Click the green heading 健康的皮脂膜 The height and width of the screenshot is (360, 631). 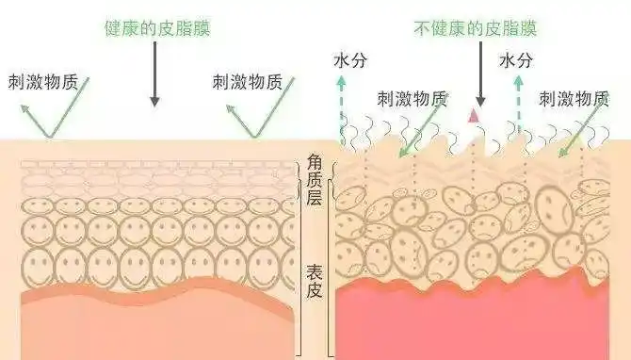156,26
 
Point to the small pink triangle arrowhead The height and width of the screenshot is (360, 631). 473,115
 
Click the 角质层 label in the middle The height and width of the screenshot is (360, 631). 315,179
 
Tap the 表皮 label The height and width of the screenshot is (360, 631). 315,280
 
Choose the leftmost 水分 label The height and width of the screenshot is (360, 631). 350,61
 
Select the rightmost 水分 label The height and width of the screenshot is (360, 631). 516,61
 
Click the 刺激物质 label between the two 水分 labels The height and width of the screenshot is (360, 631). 413,96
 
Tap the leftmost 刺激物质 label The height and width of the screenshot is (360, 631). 41,81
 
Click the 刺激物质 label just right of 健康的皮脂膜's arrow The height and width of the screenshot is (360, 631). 249,81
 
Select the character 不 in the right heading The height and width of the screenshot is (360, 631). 420,26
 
